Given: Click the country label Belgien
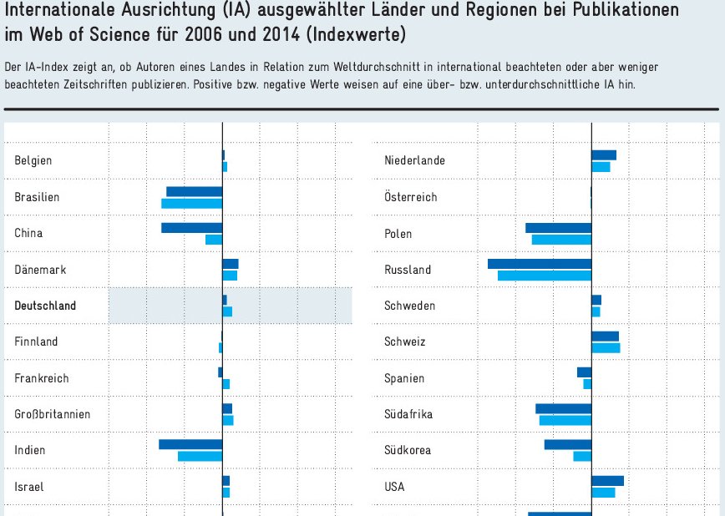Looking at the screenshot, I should (33, 160).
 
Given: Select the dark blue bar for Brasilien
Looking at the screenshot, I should (194, 191).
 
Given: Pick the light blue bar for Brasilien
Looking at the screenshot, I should (191, 203).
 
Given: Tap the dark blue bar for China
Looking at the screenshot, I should (191, 228).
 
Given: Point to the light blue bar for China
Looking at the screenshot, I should (214, 240).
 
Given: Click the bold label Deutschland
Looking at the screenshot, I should (45, 306).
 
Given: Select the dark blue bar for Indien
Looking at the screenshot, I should (190, 444).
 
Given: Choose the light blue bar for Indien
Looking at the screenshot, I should (200, 456).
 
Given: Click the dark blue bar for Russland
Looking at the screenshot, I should (540, 264).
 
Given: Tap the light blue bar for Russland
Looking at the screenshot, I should (545, 276).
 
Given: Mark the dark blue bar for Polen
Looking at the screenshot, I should (558, 228).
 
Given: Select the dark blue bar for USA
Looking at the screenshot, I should (607, 481).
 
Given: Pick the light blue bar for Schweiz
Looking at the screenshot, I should (606, 347).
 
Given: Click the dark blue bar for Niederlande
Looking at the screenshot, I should (604, 155).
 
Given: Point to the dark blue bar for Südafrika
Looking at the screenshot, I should (563, 408).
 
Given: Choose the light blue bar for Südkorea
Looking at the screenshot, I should (582, 456).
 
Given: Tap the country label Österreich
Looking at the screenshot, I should (410, 197).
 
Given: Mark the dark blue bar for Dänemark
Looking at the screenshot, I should (231, 264).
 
